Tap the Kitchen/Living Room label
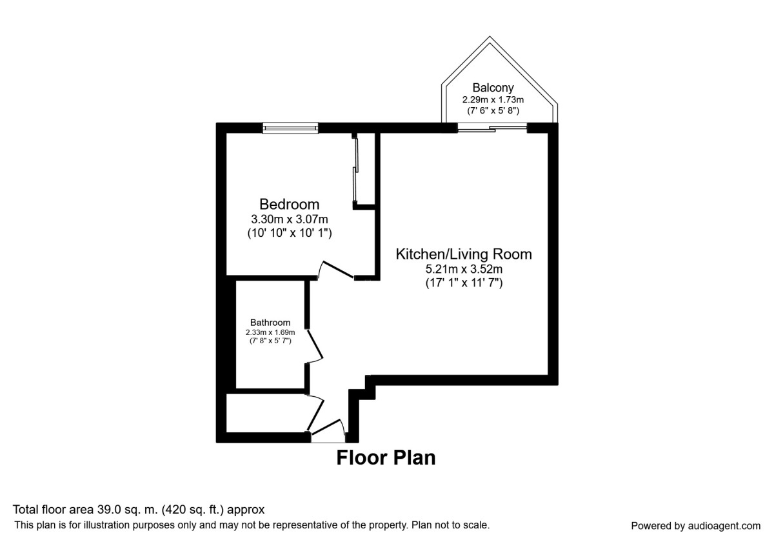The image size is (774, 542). tap(464, 254)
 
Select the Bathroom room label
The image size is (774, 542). tap(270, 323)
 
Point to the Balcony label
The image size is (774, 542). tap(493, 87)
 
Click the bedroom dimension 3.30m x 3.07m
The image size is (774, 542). tap(289, 219)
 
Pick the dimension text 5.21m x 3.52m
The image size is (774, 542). tap(464, 268)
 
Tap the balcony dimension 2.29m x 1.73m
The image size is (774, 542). tap(493, 99)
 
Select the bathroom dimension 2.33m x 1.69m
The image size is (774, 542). tap(270, 332)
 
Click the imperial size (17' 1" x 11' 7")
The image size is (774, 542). tap(464, 282)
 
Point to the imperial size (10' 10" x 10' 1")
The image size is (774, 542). tap(289, 232)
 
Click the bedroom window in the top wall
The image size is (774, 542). tap(290, 128)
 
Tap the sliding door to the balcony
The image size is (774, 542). tap(493, 129)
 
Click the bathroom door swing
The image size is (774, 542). tap(314, 346)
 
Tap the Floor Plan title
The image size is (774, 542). tap(386, 458)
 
